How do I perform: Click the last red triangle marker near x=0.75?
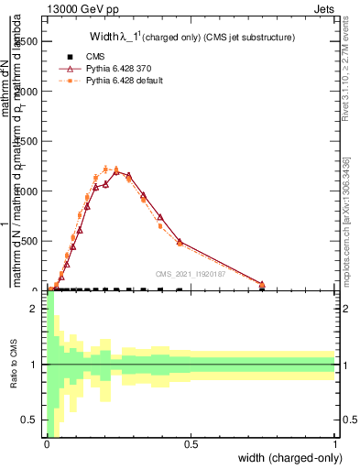262,284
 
